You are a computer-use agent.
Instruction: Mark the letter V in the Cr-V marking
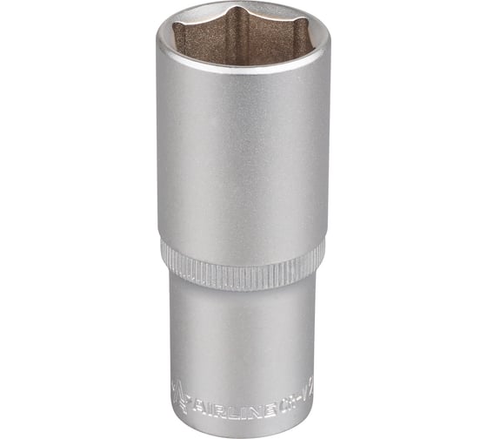[305, 397]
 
